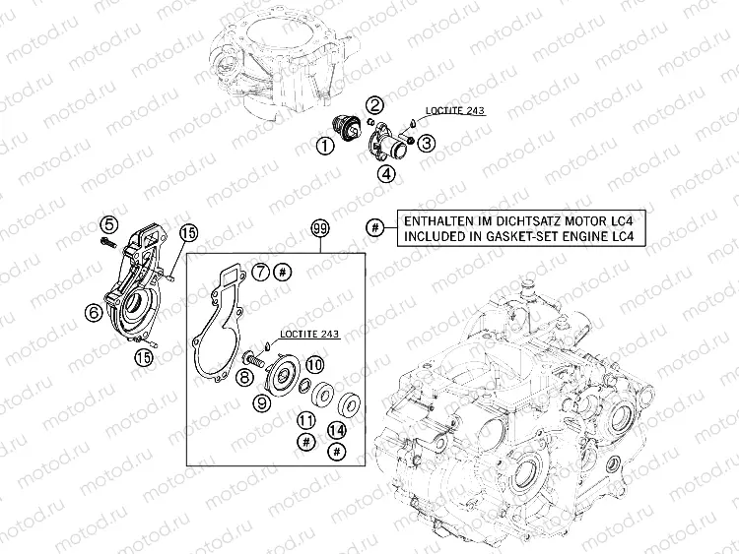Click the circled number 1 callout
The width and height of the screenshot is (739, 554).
pos(325,146)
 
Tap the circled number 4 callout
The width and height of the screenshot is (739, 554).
pos(386,174)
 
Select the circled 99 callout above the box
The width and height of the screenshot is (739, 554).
pos(320,229)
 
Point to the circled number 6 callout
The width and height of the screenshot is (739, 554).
pos(94,312)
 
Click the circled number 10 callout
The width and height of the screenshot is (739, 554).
pos(315,364)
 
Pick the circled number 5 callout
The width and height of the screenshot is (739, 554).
pos(108,225)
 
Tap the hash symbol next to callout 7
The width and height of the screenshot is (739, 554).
pos(283,272)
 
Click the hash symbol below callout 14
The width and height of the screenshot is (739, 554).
pos(337,452)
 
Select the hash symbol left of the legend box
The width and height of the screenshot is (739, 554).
pos(375,228)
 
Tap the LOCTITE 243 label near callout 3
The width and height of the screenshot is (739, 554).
pos(455,111)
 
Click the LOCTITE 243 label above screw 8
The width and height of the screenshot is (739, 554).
pos(309,335)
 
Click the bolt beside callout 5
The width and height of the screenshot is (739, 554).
pos(107,243)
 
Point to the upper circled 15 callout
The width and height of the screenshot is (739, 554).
pos(188,233)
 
